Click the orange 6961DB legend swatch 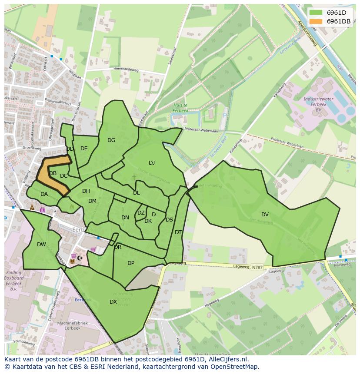(316, 21)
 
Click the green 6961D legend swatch (316, 13)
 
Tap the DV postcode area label (265, 214)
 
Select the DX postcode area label (113, 301)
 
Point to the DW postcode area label (41, 245)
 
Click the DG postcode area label (111, 140)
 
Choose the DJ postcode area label (152, 163)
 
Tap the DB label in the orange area (53, 173)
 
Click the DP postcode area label (131, 263)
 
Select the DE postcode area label (84, 149)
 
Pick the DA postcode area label (44, 194)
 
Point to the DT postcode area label (178, 232)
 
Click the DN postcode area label (125, 218)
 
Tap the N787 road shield (257, 268)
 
